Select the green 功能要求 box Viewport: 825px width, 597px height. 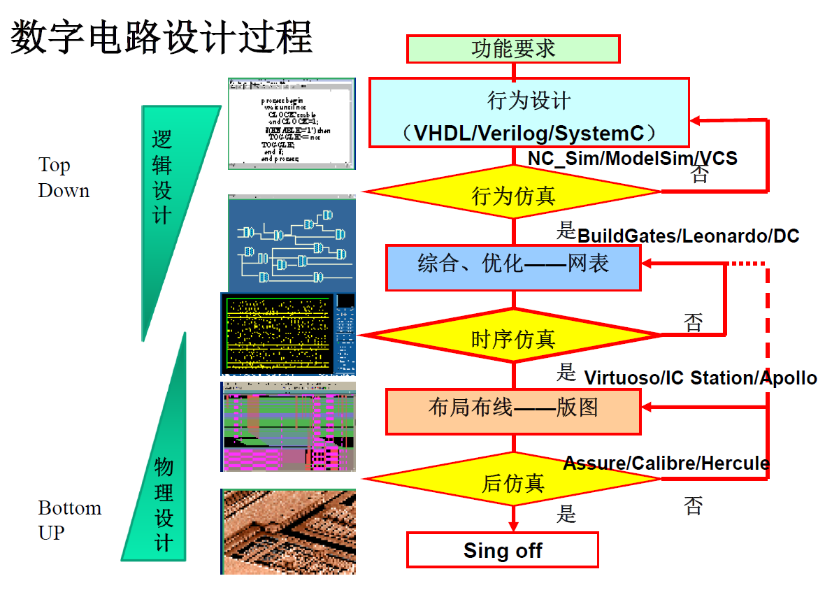tap(513, 49)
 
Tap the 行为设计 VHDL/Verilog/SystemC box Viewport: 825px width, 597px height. tap(529, 112)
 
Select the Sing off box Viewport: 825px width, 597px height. tap(503, 550)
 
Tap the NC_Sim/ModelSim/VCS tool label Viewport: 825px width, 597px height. tap(632, 158)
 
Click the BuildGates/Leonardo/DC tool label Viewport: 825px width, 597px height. tap(688, 236)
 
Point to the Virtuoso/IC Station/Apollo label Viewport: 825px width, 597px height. tap(701, 378)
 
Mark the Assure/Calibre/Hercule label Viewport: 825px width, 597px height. tap(666, 463)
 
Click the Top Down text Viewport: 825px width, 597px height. tap(64, 178)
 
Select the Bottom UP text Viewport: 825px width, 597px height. tap(69, 519)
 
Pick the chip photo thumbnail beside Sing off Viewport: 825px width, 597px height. tap(288, 531)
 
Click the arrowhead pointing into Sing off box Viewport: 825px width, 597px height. tap(514, 526)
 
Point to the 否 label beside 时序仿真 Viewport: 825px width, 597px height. tap(693, 322)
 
